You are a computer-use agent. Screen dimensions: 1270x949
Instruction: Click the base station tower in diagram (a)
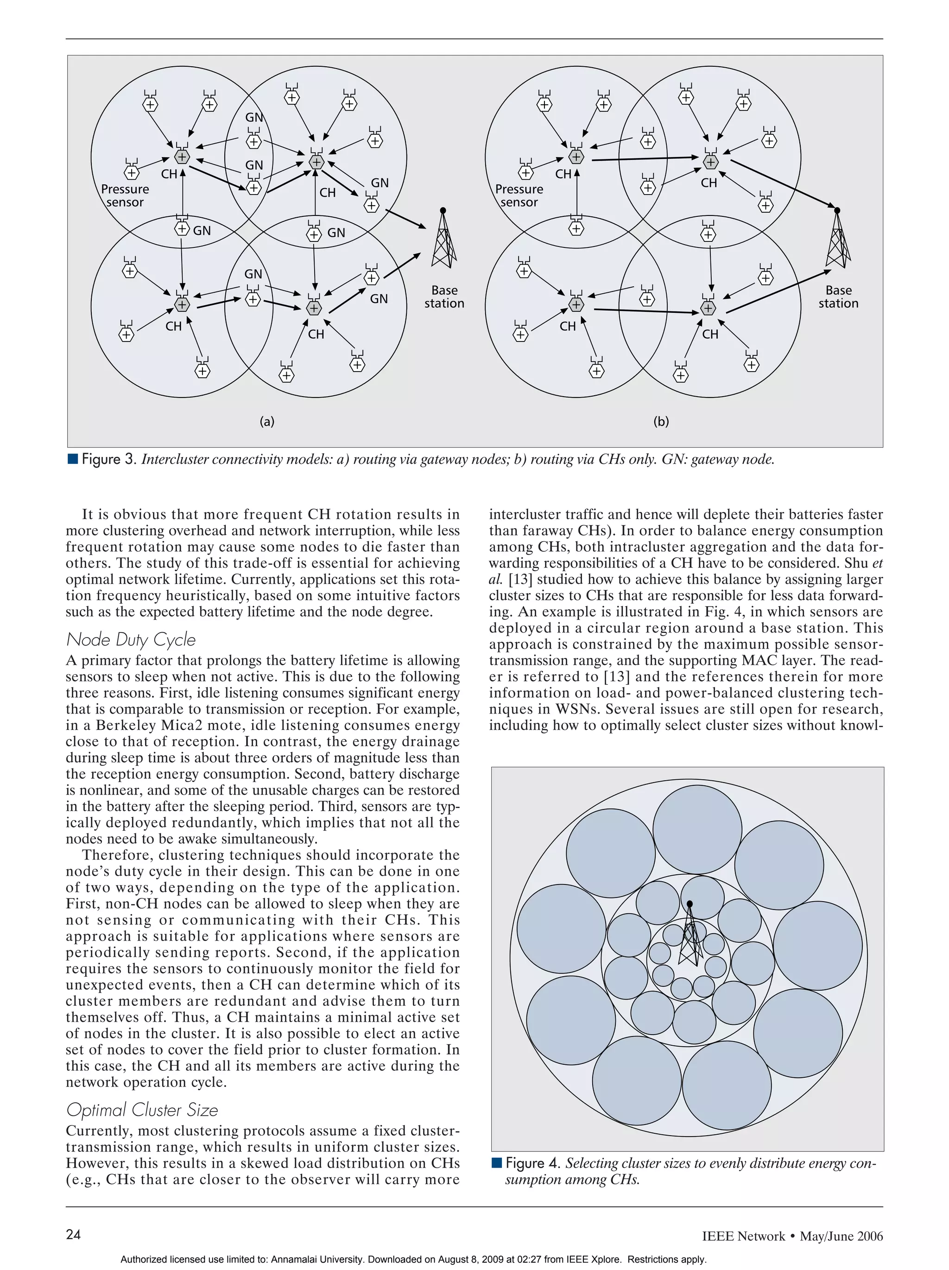(x=443, y=241)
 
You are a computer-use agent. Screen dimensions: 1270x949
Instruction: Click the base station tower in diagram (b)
(x=837, y=241)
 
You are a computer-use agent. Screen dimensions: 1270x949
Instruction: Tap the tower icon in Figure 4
(x=690, y=936)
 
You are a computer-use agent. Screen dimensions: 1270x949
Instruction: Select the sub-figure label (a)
(x=267, y=422)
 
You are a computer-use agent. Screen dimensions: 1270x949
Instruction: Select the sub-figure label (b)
(x=661, y=422)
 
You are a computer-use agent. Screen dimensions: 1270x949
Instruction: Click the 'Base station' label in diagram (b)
(x=838, y=297)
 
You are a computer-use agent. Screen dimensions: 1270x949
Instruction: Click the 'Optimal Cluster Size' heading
(x=142, y=1110)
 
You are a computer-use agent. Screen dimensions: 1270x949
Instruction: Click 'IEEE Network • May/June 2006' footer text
(x=792, y=1236)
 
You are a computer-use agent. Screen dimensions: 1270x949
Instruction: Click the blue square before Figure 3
(x=72, y=459)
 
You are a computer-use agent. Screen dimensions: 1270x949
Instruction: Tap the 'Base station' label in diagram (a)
(x=444, y=297)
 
